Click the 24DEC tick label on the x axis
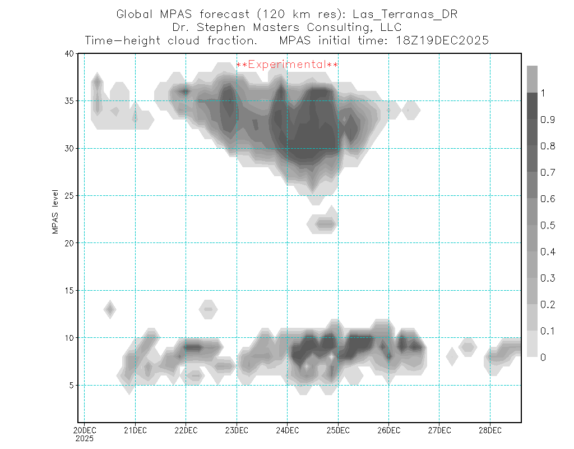[x=287, y=430]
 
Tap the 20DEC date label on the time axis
[x=85, y=430]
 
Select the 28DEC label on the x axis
[x=490, y=430]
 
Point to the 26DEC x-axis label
[x=388, y=430]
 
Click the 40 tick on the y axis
[x=70, y=54]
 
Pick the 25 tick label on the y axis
[x=70, y=196]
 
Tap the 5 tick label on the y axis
[x=72, y=386]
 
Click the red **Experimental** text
[x=287, y=65]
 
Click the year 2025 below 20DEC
[x=85, y=438]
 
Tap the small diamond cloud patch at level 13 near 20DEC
[x=110, y=309]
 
